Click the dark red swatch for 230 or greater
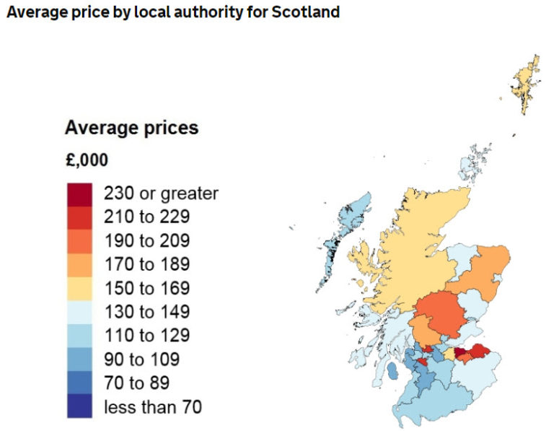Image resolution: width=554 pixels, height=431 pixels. (x=79, y=193)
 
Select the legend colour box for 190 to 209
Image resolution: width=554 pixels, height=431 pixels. (x=79, y=241)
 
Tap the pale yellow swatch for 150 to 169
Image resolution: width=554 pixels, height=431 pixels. (x=79, y=288)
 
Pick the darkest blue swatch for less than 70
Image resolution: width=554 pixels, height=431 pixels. (x=79, y=406)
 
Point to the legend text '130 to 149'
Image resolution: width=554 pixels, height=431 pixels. (x=146, y=312)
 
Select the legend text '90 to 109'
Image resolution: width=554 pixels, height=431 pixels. (x=141, y=360)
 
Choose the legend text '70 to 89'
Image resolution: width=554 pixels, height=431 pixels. (x=136, y=383)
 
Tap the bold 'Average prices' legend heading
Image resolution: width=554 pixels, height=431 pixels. (x=131, y=129)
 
